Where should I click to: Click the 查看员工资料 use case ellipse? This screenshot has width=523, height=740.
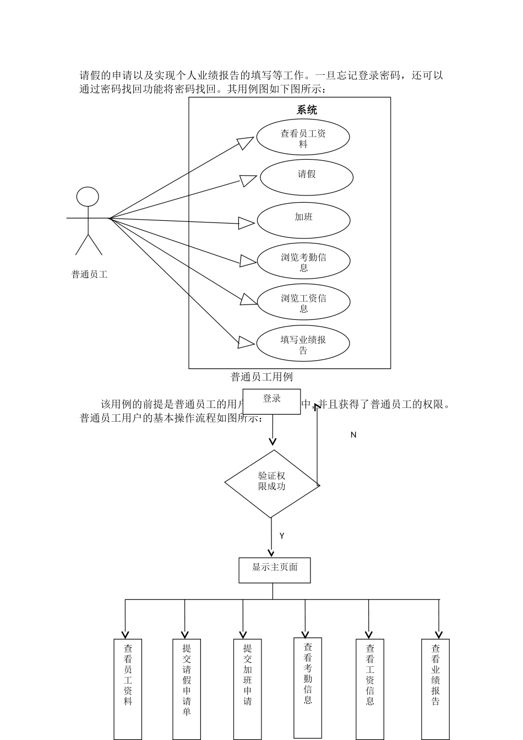point(303,138)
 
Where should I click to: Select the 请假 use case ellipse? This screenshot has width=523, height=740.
point(306,177)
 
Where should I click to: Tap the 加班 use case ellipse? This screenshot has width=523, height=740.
point(303,220)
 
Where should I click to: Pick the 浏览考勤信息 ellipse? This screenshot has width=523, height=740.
point(303,262)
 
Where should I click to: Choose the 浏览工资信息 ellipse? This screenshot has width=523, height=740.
point(303,302)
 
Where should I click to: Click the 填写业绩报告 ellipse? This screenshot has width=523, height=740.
point(303,344)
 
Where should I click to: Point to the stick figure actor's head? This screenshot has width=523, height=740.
point(88,197)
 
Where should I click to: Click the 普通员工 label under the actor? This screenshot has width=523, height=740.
point(89,274)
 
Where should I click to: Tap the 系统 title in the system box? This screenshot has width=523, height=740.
point(307,110)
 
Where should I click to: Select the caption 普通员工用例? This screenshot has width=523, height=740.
point(261,377)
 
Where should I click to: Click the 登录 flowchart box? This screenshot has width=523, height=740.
point(272,401)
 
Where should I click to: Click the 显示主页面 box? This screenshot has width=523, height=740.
point(274,570)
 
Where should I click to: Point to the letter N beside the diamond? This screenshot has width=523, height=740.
point(353,435)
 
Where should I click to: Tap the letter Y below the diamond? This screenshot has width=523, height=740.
point(282,536)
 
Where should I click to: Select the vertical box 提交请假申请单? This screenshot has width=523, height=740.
point(187,688)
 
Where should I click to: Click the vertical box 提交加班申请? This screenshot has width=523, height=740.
point(247,688)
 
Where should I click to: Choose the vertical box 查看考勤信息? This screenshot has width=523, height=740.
point(308,687)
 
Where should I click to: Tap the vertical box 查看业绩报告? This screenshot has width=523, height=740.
point(435,688)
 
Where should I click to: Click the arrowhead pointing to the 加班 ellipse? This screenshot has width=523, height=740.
point(246,223)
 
